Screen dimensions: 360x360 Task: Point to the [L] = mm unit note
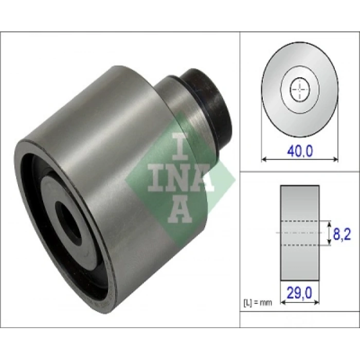(x=258, y=303)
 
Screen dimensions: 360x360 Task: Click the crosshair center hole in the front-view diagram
(x=300, y=89)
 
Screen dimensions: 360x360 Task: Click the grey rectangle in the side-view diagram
(x=300, y=233)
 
